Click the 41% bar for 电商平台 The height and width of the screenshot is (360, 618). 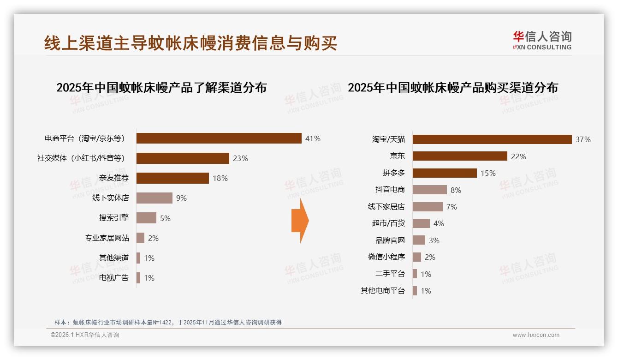point(219,138)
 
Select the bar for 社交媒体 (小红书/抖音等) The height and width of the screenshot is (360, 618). point(183,158)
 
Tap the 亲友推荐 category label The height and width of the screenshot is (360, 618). point(114,178)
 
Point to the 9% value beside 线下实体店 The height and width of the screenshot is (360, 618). point(181,198)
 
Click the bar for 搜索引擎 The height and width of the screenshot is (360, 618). point(147,218)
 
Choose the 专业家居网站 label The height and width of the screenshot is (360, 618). point(107,238)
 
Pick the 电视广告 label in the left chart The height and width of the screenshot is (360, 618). point(114,278)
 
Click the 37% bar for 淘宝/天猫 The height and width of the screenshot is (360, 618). point(492,139)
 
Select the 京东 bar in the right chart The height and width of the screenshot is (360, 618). point(460,156)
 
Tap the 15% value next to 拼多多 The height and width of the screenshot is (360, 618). point(488,173)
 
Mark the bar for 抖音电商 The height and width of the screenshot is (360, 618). point(430,190)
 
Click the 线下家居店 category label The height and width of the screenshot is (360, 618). point(386,207)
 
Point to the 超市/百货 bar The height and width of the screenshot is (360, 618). point(421,223)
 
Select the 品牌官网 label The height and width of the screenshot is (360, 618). point(390,240)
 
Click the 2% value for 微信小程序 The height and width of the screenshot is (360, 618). point(430,257)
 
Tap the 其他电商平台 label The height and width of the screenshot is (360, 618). point(382,291)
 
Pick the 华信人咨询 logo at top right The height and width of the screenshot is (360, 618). point(542,41)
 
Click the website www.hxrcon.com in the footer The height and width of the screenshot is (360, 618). point(536,335)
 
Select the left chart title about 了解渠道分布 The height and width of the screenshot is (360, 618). point(161,88)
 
